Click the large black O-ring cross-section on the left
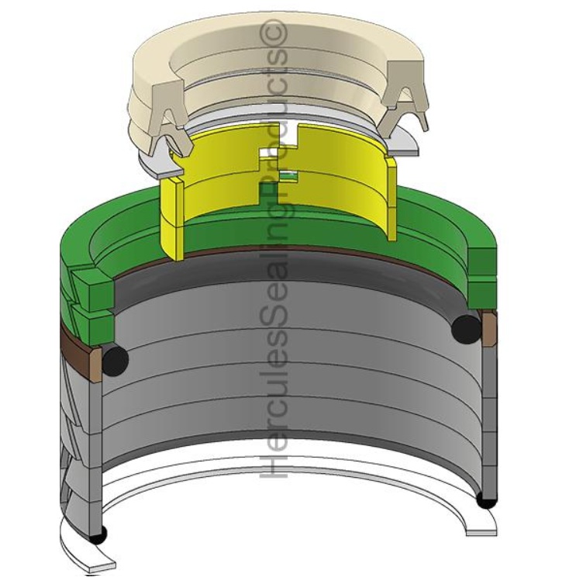[x=116, y=358]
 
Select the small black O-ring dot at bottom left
[x=98, y=535]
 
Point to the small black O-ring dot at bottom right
[x=486, y=500]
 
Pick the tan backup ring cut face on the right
[x=489, y=328]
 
